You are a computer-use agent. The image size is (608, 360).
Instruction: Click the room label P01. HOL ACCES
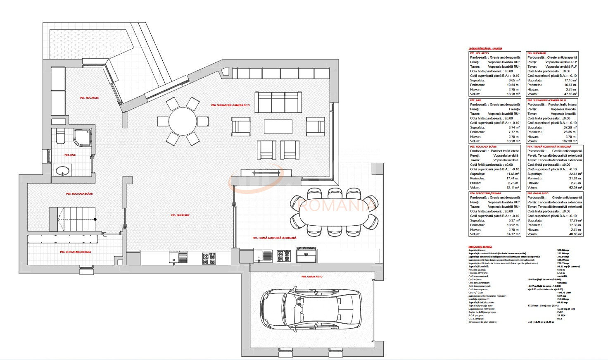(x=89, y=98)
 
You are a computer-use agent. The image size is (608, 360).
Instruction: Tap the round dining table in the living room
(x=183, y=122)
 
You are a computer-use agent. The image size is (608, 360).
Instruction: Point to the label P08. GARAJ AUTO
(x=312, y=277)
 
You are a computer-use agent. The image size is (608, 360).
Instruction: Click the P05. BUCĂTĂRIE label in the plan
(x=180, y=215)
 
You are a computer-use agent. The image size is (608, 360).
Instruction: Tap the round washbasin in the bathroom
(x=62, y=170)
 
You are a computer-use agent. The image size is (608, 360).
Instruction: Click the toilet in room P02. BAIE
(x=60, y=136)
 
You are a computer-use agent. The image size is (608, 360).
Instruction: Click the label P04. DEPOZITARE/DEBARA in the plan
(x=76, y=252)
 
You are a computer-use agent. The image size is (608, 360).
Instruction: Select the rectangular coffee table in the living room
(x=278, y=127)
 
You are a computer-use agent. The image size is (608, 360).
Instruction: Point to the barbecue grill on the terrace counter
(x=306, y=254)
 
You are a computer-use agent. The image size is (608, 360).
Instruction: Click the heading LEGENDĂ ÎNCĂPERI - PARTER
(x=485, y=49)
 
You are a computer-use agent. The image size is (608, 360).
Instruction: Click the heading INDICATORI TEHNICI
(x=480, y=246)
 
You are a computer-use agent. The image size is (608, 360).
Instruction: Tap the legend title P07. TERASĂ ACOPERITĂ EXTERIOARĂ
(x=549, y=147)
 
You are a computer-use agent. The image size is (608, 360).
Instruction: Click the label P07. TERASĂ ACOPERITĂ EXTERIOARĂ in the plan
(x=274, y=238)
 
